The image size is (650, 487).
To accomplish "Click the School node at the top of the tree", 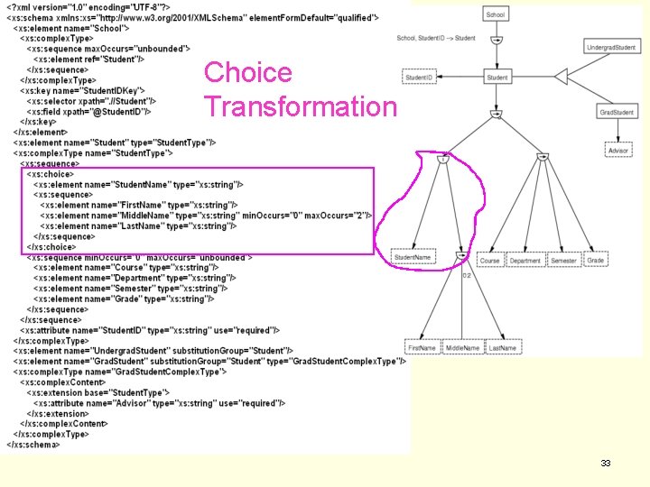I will pyautogui.click(x=496, y=14).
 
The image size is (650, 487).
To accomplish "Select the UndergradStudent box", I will pyautogui.click(x=609, y=47).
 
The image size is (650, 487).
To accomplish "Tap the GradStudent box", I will pyautogui.click(x=617, y=112).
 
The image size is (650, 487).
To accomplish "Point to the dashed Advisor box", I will pyautogui.click(x=617, y=151).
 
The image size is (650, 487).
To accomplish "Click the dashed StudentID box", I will pyautogui.click(x=418, y=78).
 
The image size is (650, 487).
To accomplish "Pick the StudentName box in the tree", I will pyautogui.click(x=413, y=257).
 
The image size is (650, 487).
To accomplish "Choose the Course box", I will pyautogui.click(x=489, y=261).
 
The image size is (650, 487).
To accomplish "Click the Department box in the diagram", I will pyautogui.click(x=525, y=261).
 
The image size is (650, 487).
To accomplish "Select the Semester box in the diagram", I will pyautogui.click(x=563, y=261).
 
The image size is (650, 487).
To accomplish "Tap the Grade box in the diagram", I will pyautogui.click(x=595, y=261).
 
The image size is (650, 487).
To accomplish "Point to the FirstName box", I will pyautogui.click(x=422, y=347).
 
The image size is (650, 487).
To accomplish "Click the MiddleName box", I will pyautogui.click(x=462, y=347).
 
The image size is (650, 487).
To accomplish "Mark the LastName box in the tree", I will pyautogui.click(x=503, y=347).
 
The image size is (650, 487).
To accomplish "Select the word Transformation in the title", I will pyautogui.click(x=300, y=106).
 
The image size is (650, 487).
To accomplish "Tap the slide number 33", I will pyautogui.click(x=606, y=463).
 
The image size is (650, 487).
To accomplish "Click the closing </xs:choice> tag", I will pyautogui.click(x=51, y=246).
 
